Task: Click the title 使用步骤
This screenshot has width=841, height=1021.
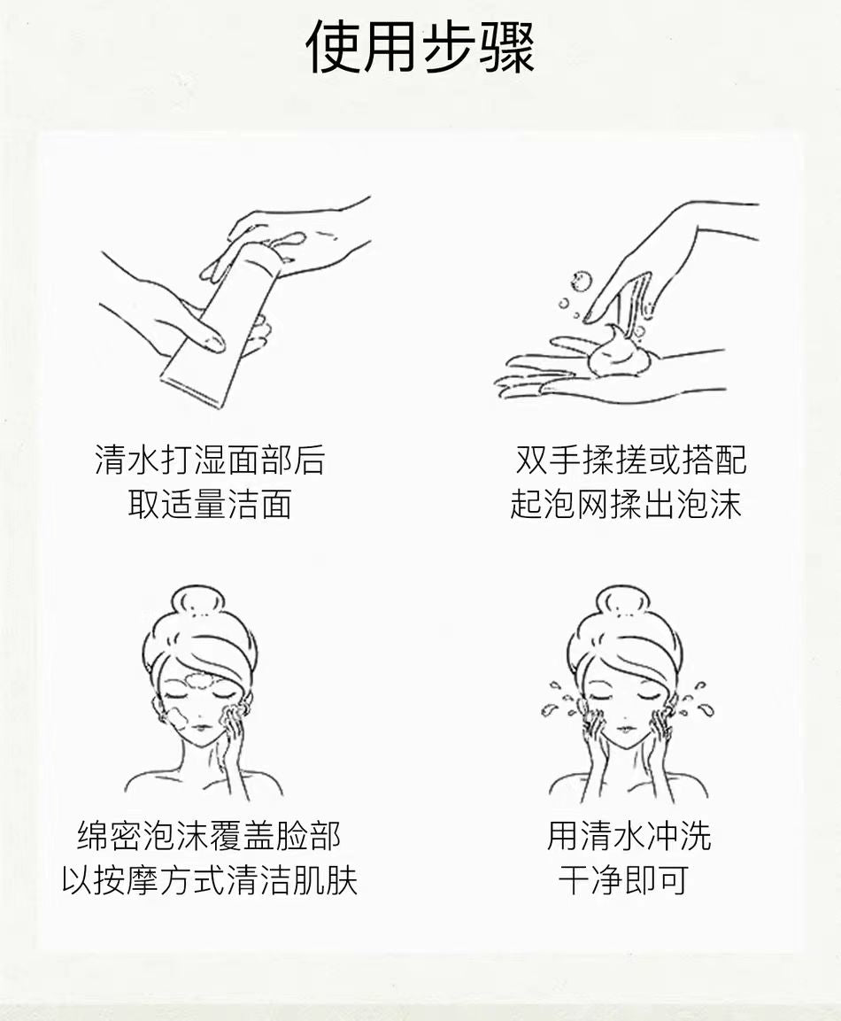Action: point(420,46)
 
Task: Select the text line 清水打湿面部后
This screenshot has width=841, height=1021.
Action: point(210,460)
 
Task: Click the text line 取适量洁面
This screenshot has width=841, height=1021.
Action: point(210,505)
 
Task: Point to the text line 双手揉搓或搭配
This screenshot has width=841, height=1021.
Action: point(631,460)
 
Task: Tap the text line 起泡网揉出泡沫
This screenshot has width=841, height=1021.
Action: point(626,505)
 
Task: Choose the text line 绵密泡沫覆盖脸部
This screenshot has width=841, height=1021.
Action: point(209,836)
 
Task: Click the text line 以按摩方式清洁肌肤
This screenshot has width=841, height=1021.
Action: point(209,881)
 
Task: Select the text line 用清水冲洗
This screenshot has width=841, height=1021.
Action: point(629,836)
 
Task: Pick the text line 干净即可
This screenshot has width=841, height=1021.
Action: point(623,881)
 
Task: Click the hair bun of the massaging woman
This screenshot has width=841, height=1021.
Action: point(198,600)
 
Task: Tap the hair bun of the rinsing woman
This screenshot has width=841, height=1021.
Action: point(622,600)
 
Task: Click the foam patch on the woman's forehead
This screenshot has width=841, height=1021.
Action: point(201,681)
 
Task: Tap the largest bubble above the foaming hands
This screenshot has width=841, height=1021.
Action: point(582,282)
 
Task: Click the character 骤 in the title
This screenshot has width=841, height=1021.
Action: point(506,46)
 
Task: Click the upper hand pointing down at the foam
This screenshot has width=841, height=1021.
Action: point(655,257)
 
